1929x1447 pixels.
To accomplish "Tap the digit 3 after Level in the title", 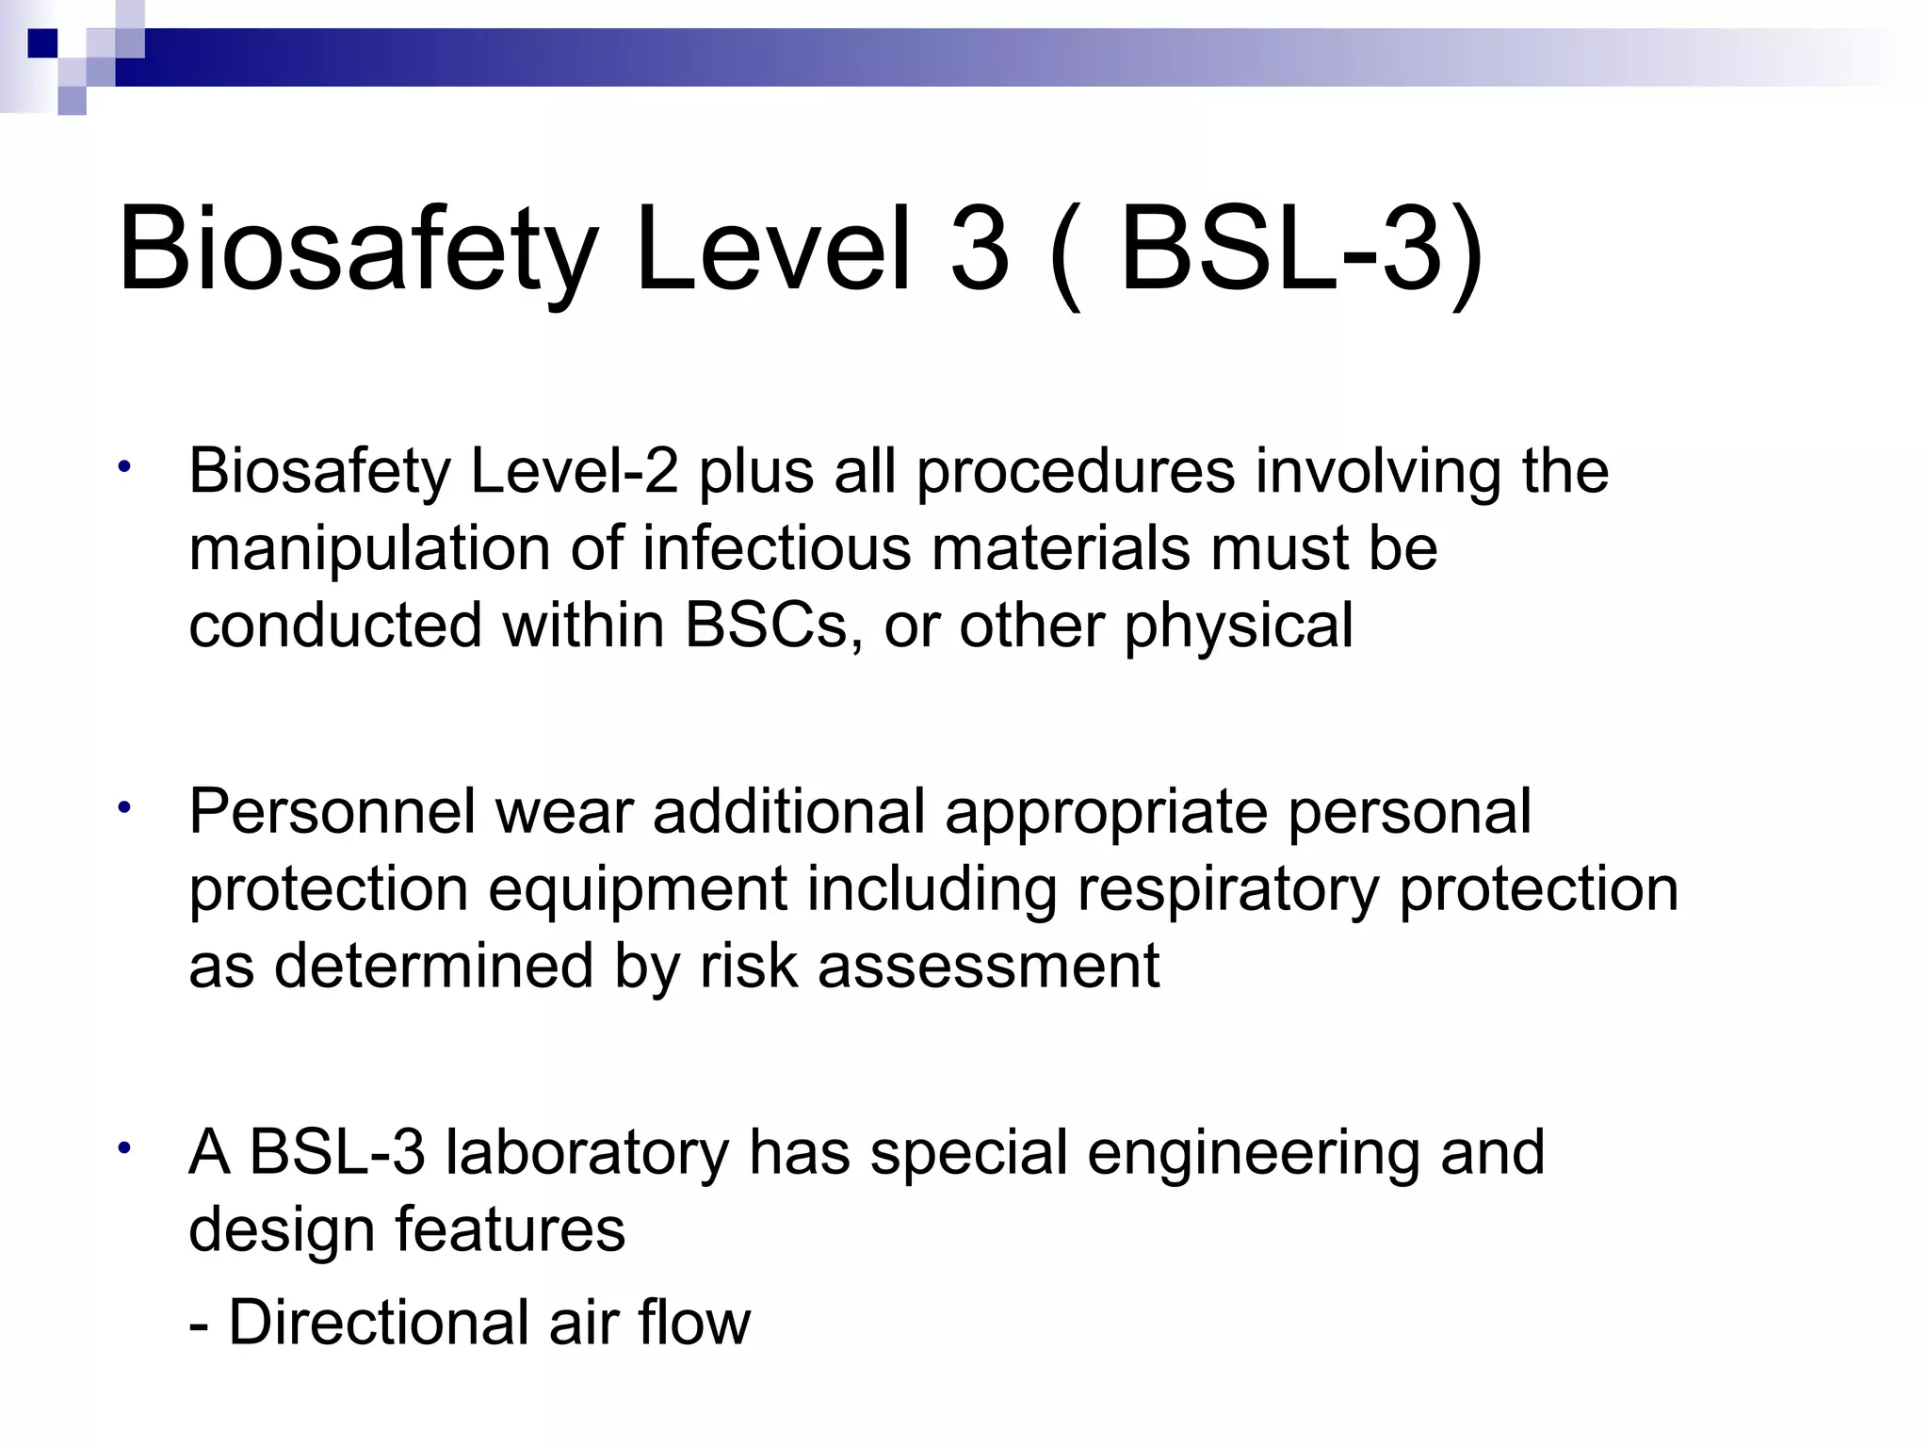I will [x=980, y=250].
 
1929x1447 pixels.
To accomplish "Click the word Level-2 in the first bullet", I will [x=574, y=470].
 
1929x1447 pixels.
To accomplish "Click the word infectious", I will [x=777, y=547].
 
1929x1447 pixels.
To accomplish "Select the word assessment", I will [x=988, y=966].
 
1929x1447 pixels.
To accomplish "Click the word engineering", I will [x=1254, y=1154].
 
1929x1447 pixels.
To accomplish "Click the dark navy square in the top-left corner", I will [x=43, y=43].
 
